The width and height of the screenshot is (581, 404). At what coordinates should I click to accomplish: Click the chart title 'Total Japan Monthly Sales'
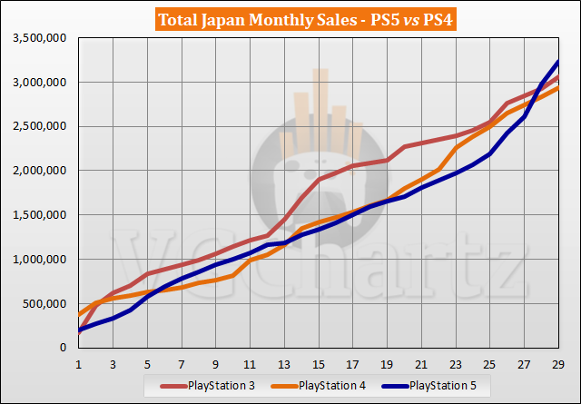(x=241, y=19)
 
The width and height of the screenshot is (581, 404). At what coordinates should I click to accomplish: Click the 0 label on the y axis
(x=65, y=348)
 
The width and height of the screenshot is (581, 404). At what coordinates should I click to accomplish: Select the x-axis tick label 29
(x=558, y=361)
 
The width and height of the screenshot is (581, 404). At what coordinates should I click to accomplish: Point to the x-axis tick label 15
(x=318, y=361)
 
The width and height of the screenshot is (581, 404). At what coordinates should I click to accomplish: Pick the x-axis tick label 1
(x=79, y=361)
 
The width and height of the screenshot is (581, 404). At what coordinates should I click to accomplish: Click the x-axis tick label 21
(x=421, y=361)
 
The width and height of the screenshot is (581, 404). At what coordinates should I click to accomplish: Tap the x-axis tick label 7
(x=182, y=361)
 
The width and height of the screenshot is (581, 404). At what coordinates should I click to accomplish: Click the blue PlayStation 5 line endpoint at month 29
(x=558, y=62)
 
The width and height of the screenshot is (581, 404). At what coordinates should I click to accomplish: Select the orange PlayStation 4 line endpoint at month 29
(x=558, y=88)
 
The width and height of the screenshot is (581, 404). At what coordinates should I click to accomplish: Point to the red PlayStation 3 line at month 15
(x=319, y=179)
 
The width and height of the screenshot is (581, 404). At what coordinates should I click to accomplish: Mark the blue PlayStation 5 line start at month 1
(x=79, y=330)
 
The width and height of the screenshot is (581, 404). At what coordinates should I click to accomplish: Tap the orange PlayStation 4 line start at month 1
(x=79, y=315)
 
